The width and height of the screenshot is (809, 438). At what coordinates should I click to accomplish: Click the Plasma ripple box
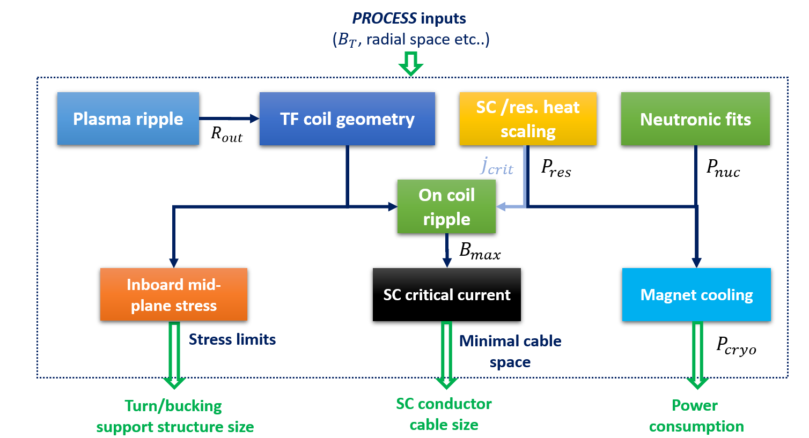coord(128,118)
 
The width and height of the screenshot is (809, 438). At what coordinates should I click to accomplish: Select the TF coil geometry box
coord(347,118)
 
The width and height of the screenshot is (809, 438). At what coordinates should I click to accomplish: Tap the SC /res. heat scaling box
coord(528,118)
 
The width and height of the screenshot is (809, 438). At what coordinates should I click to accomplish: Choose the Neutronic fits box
coord(695,118)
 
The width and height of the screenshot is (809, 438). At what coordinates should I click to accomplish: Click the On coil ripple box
coord(446,206)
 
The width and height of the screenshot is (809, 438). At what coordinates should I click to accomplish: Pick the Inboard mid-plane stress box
coord(174,294)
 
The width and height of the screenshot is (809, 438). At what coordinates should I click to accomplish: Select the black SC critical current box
coord(447,294)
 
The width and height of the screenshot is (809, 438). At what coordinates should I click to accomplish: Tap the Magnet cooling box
coord(696,294)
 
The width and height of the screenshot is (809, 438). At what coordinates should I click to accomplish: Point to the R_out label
coord(226,134)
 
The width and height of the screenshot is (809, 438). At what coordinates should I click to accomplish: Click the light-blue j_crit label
coord(497,166)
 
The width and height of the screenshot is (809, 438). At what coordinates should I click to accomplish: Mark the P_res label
coord(556,168)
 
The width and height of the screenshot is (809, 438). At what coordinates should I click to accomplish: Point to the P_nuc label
coord(723,168)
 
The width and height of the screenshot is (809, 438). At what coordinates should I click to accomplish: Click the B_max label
coord(480,250)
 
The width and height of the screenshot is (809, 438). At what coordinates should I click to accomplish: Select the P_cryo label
coord(736,345)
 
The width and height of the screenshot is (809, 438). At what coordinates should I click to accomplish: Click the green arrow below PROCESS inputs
coord(410,64)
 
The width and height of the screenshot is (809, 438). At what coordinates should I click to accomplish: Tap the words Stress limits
coord(232,339)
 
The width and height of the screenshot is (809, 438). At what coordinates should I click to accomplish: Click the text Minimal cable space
coord(510,351)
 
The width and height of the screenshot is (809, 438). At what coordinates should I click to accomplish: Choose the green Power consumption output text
coord(696,415)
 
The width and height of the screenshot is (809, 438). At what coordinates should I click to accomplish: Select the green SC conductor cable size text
coord(444,414)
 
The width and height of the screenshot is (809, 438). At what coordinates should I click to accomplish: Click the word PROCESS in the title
coord(384,18)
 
